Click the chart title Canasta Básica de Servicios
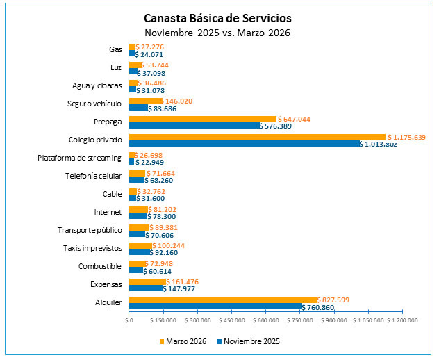(217, 17)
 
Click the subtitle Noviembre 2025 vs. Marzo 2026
(217, 32)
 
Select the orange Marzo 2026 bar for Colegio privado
(257, 137)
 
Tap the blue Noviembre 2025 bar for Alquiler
(215, 306)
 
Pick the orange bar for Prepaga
(202, 119)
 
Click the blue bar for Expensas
(145, 288)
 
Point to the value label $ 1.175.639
(406, 137)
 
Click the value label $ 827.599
(337, 300)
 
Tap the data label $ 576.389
(282, 126)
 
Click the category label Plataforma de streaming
(79, 158)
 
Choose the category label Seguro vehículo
(94, 104)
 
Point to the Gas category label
(115, 50)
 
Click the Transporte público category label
(90, 230)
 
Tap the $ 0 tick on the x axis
(129, 320)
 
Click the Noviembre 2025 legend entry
(248, 341)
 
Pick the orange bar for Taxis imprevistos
(140, 245)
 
